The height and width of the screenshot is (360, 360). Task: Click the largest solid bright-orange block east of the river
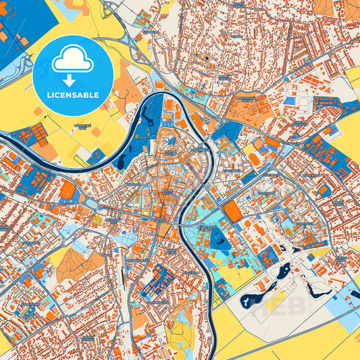point(232,211)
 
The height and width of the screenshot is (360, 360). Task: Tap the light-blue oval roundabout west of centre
point(98,220)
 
